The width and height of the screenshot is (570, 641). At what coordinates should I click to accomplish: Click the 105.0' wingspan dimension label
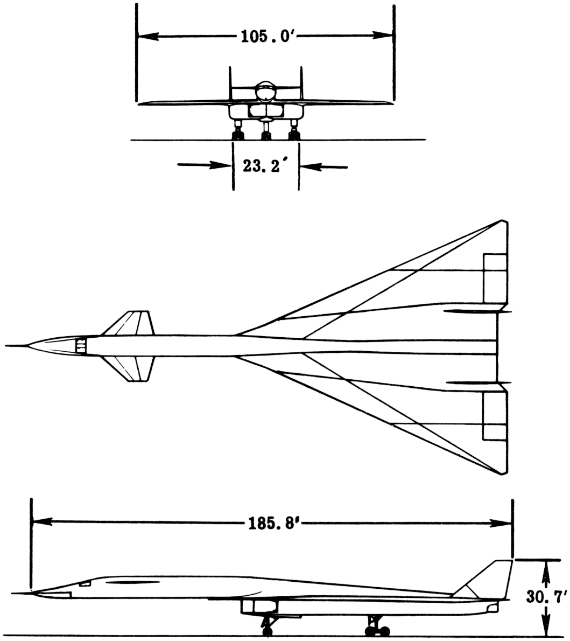[265, 37]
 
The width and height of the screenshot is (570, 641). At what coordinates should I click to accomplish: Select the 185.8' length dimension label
[274, 523]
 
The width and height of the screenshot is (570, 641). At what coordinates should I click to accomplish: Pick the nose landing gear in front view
[265, 129]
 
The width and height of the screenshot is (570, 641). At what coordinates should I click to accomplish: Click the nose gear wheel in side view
[267, 632]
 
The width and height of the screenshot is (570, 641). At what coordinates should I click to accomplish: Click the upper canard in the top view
[130, 323]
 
